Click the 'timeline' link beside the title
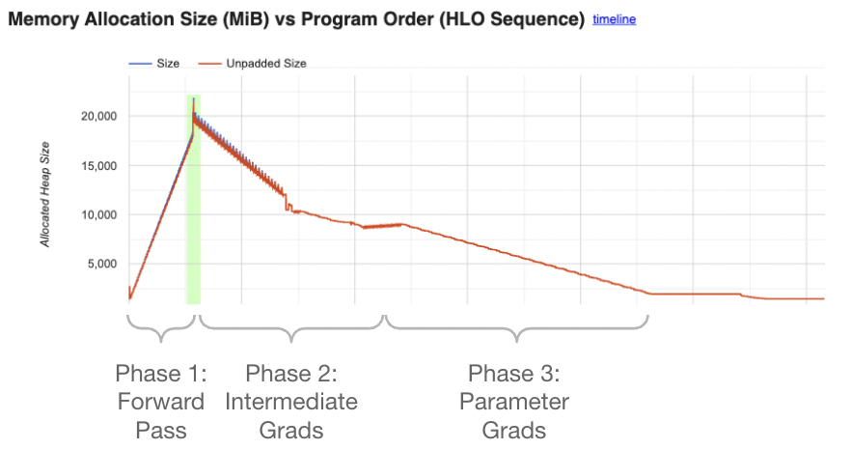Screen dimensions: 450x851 pos(615,19)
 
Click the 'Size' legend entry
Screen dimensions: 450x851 pos(168,63)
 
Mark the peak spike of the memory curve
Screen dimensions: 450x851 pos(193,98)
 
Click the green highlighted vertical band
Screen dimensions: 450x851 pos(193,241)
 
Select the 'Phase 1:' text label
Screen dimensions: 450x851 pos(160,374)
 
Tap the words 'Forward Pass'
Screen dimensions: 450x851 pos(160,415)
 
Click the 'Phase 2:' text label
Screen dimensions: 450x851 pos(291,374)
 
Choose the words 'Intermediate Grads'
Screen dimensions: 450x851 pos(291,415)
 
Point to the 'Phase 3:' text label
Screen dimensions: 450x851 pos(513,374)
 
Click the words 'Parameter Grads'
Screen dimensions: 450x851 pos(513,415)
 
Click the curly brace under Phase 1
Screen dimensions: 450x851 pos(160,330)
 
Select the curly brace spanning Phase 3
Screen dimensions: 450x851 pos(517,330)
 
